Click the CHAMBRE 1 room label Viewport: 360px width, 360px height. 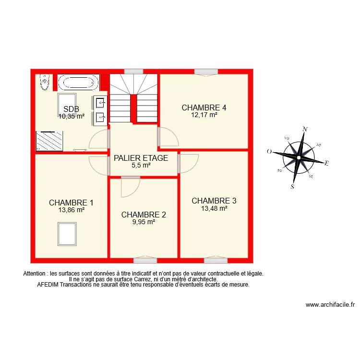[71, 203]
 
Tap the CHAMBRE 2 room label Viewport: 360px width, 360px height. [144, 215]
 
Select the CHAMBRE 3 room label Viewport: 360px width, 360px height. [214, 201]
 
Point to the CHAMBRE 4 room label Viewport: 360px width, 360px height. [204, 108]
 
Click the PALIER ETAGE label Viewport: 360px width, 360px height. [141, 158]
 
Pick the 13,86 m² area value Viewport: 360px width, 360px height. [72, 210]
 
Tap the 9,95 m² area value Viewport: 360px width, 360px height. [144, 222]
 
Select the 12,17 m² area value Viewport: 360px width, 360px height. [204, 115]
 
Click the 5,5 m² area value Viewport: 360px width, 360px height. [141, 165]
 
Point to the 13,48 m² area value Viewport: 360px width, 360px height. [214, 208]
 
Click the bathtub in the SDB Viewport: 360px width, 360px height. [79, 82]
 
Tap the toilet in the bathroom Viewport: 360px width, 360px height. [45, 83]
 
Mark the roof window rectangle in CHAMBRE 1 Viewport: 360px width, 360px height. [67, 233]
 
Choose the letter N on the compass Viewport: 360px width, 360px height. [304, 129]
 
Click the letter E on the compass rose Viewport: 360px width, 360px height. [326, 164]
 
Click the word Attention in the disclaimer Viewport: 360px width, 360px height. [36, 274]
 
